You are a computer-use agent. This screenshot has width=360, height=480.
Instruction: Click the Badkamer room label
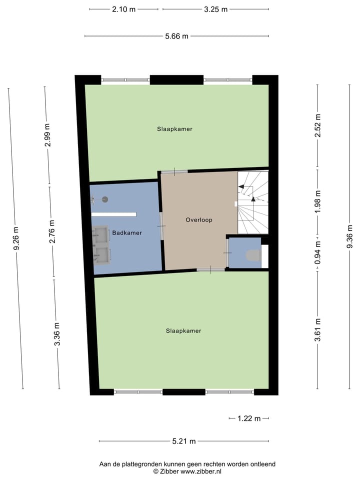pyautogui.click(x=127, y=233)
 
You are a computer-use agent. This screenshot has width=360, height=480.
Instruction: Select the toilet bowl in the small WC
pyautogui.click(x=253, y=256)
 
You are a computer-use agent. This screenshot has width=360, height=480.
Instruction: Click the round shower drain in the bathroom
pyautogui.click(x=105, y=199)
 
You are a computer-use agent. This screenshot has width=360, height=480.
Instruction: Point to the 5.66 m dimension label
pyautogui.click(x=176, y=36)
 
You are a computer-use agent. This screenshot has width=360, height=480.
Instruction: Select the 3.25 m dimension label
pyautogui.click(x=215, y=9)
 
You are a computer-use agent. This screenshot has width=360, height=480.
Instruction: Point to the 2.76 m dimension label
pyautogui.click(x=51, y=231)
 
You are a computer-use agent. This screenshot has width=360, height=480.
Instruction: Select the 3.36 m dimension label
pyautogui.click(x=57, y=334)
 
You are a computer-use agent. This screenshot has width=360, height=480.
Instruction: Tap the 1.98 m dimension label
pyautogui.click(x=317, y=200)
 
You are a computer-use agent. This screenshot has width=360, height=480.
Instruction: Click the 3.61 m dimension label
pyautogui.click(x=317, y=330)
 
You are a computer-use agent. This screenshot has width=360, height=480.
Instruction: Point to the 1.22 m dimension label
pyautogui.click(x=249, y=418)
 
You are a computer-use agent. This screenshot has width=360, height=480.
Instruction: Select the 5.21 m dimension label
pyautogui.click(x=183, y=441)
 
